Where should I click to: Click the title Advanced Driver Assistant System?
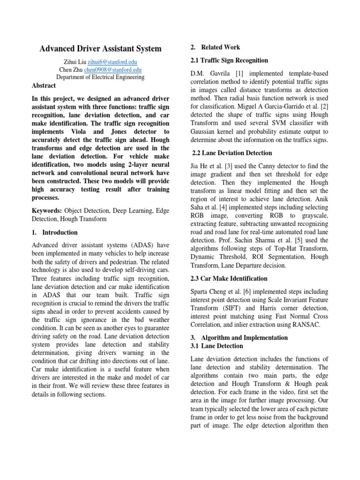(100, 48)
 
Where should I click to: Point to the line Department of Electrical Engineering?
(100, 77)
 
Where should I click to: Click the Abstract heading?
(44, 85)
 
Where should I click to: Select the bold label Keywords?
(46, 210)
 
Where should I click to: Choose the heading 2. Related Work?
(215, 47)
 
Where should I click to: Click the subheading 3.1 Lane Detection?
(217, 346)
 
